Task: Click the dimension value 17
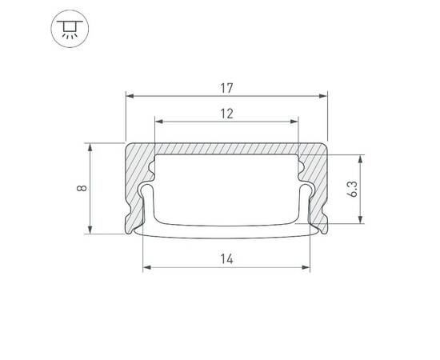(227, 82)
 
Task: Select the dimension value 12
(226, 113)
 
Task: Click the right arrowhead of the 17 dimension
(325, 94)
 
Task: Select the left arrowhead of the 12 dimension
(158, 122)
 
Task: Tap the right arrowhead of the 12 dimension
(296, 122)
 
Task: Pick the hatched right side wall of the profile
(318, 180)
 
